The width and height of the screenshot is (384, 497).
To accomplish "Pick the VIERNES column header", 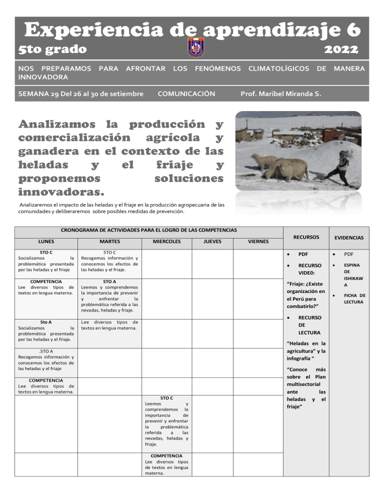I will [258, 241].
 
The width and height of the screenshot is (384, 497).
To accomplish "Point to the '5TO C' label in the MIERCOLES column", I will [166, 398].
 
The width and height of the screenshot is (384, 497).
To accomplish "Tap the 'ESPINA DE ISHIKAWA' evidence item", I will [352, 274].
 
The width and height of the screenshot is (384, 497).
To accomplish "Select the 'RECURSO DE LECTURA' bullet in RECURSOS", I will [309, 325].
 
